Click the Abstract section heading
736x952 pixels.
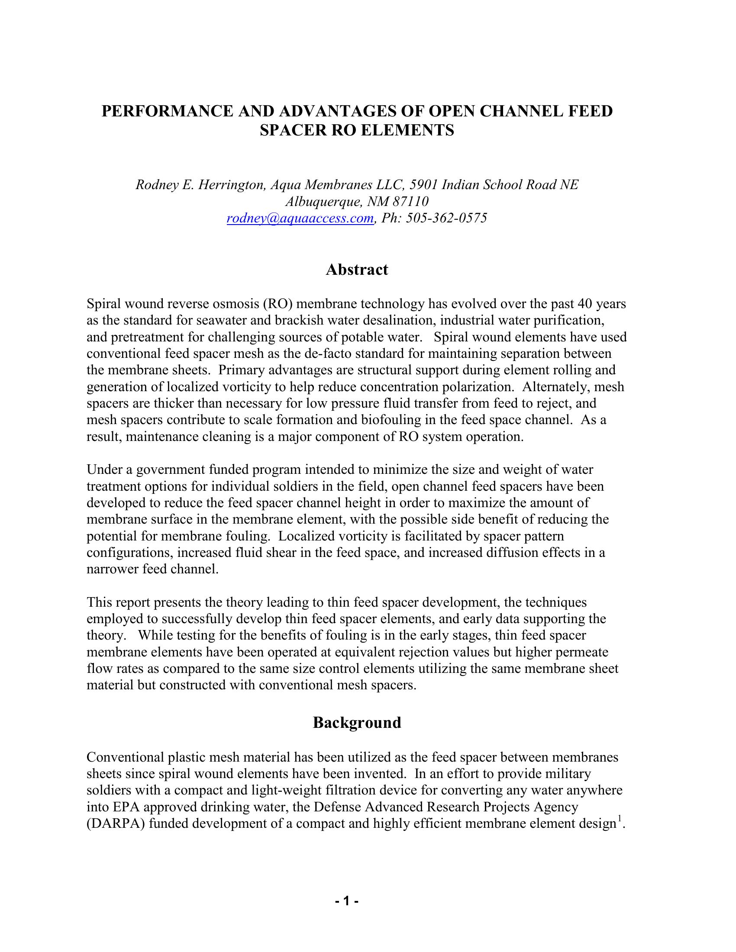point(357,270)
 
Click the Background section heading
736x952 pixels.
point(357,723)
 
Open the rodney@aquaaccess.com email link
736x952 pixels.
point(300,218)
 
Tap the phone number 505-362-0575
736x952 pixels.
point(446,218)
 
